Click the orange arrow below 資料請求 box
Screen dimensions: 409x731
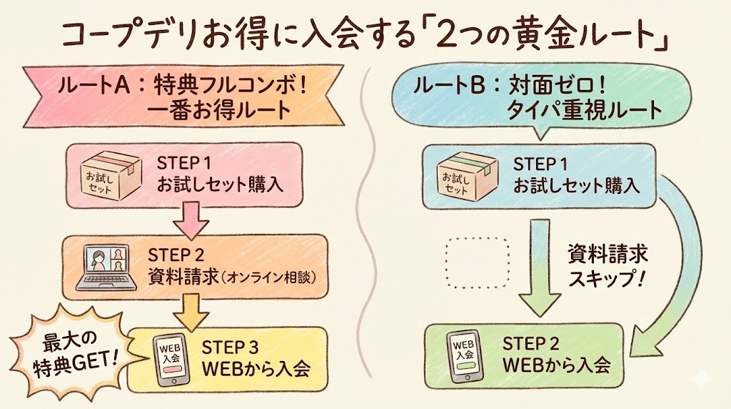tap(191, 308)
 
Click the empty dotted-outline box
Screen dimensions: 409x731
tap(477, 262)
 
